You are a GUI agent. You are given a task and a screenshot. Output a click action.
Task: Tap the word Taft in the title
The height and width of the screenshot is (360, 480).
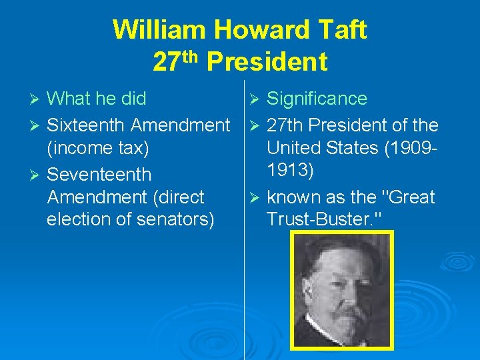(344, 30)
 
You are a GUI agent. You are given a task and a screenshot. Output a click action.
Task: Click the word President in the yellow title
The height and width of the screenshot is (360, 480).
(267, 62)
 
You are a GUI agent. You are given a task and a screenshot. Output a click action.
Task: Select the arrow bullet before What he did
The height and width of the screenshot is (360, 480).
(37, 99)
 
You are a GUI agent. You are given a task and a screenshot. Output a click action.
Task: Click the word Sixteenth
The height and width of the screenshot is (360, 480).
(86, 125)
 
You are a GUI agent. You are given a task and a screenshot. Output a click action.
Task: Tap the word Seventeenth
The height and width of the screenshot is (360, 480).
(99, 174)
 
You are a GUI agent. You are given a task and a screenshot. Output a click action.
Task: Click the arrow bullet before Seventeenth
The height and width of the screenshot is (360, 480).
(37, 175)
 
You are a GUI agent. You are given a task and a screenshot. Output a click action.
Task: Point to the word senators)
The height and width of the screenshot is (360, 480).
(177, 219)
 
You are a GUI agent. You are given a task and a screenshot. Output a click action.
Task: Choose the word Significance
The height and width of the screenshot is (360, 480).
(317, 99)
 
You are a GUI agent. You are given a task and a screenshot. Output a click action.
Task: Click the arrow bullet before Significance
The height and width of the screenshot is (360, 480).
(256, 99)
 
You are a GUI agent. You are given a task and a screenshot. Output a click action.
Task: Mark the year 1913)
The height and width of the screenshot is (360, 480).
(291, 171)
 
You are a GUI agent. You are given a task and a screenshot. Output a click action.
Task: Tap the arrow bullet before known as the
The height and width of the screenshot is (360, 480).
(256, 197)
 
